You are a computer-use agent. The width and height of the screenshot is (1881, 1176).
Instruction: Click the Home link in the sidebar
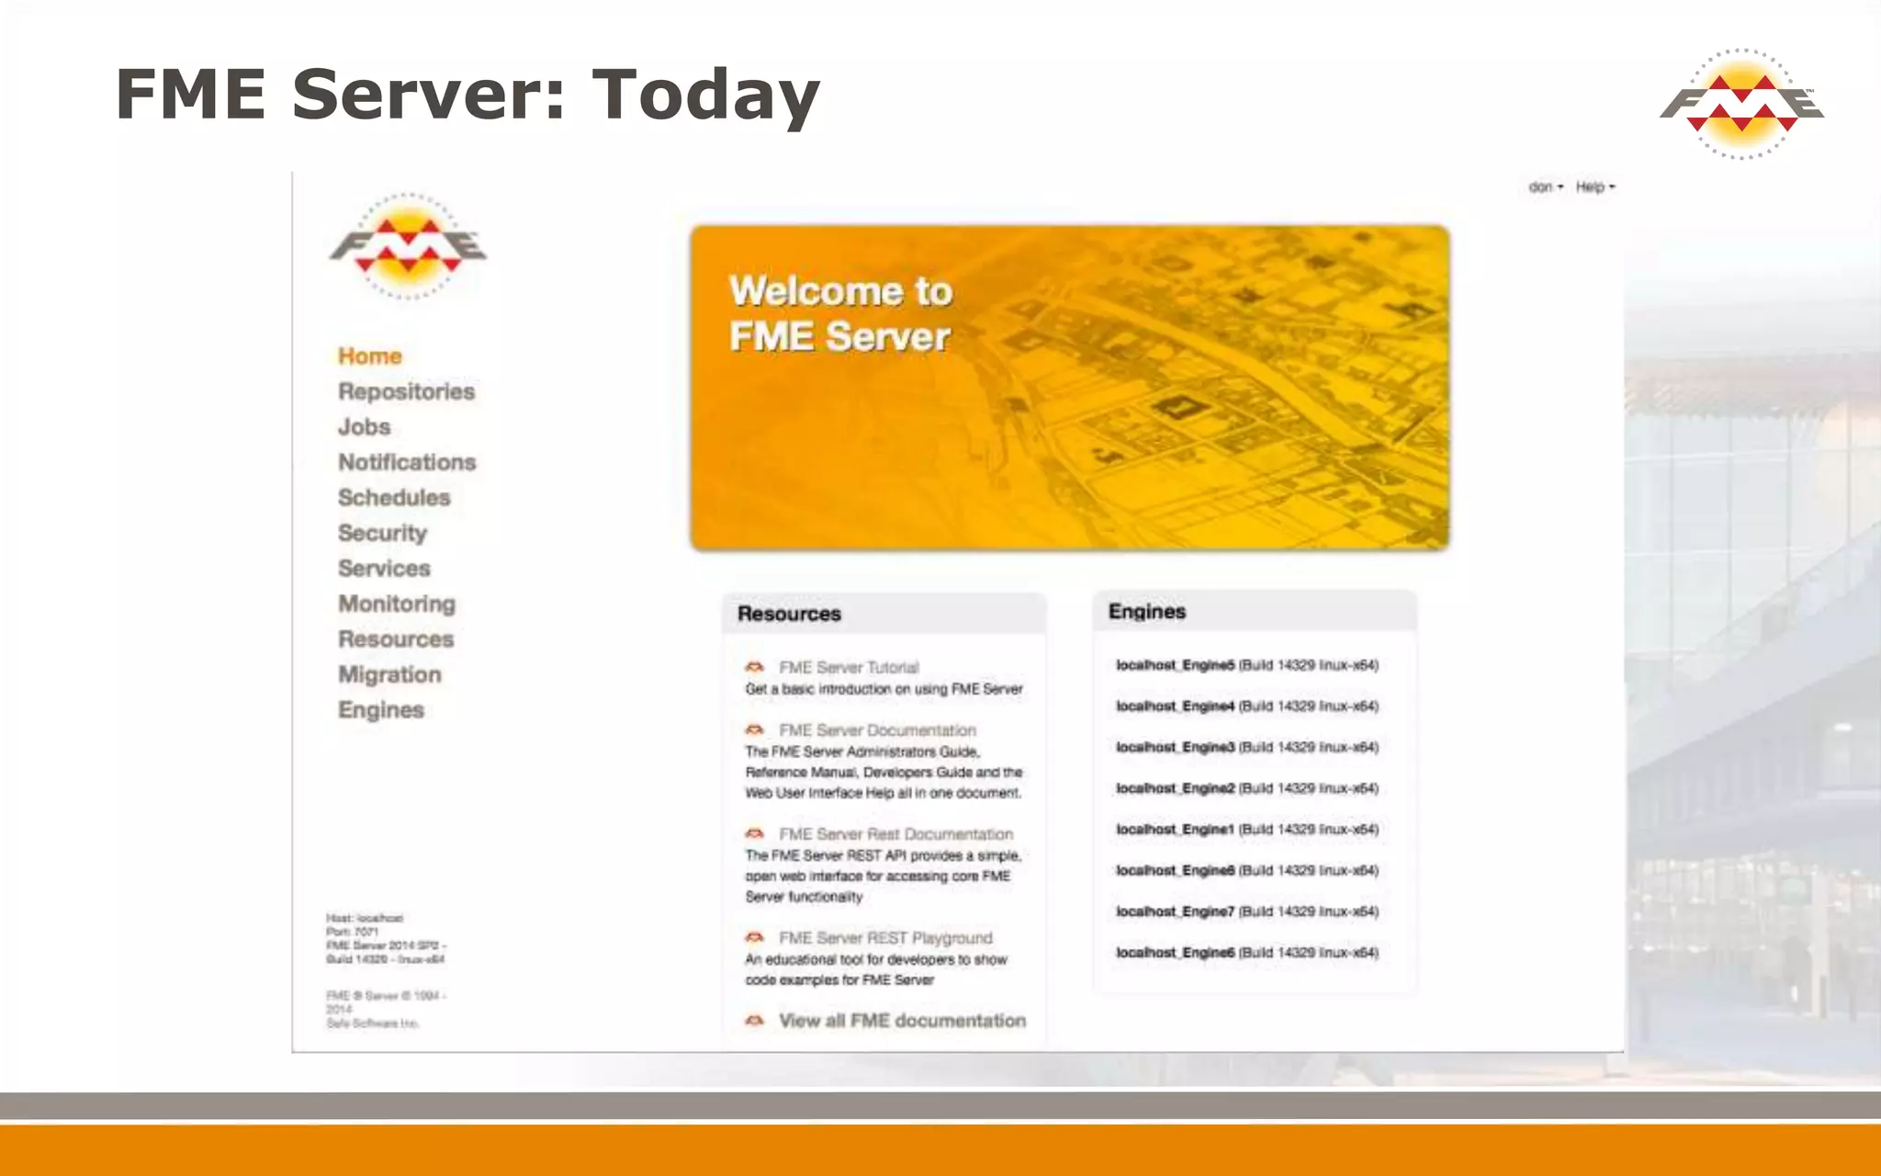[x=369, y=356]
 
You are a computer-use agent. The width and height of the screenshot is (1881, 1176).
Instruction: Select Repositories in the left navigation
[x=406, y=391]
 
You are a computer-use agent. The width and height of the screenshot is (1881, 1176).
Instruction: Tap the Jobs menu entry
[x=364, y=427]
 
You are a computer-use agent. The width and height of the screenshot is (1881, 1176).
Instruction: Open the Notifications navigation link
[x=407, y=462]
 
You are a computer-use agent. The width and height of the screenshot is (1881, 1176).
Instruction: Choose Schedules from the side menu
[x=394, y=498]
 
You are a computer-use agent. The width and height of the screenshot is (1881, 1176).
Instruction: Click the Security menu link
[x=382, y=533]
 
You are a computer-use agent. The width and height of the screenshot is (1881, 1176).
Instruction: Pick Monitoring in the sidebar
[x=397, y=604]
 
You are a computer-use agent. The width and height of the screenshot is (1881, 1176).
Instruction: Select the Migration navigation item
[x=389, y=674]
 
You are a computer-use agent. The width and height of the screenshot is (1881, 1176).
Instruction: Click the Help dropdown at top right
[x=1594, y=187]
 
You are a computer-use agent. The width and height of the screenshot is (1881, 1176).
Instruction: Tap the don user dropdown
[x=1545, y=187]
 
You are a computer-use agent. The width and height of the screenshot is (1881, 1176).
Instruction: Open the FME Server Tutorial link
[x=848, y=668]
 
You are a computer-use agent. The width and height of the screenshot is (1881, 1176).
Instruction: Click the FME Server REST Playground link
[x=884, y=938]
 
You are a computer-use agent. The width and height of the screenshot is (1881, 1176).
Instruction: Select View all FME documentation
[x=901, y=1021]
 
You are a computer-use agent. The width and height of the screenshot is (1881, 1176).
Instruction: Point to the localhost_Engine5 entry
[x=1246, y=665]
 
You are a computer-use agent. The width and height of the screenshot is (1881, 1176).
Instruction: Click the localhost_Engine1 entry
[x=1246, y=830]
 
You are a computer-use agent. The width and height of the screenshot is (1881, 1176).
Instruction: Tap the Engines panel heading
[x=1146, y=612]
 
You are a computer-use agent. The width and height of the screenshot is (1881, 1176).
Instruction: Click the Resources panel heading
[x=789, y=614]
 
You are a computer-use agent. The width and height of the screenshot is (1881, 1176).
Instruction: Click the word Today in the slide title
[x=704, y=96]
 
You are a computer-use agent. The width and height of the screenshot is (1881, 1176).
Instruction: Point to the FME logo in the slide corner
[x=1740, y=103]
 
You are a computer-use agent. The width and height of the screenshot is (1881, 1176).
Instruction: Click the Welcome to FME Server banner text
[x=840, y=313]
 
